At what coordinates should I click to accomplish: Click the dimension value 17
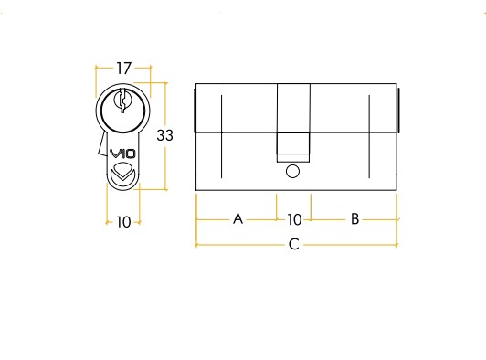[123, 69]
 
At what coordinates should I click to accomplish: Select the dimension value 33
[164, 135]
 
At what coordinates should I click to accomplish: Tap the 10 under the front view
[123, 222]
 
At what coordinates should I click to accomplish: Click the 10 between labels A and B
[294, 219]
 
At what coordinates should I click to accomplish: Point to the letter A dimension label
[238, 218]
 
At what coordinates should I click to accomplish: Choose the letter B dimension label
[354, 218]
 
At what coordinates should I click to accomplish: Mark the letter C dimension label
[294, 244]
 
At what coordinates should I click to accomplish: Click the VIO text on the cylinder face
[123, 154]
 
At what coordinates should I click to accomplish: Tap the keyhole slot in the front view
[122, 101]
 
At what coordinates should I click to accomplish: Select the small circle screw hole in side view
[292, 172]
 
